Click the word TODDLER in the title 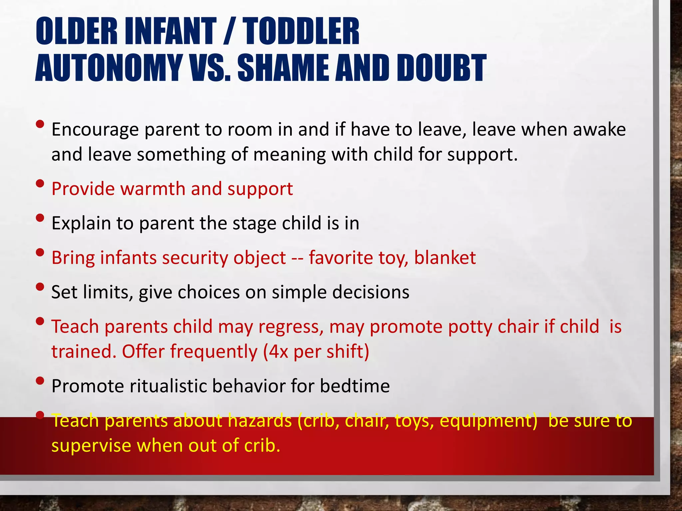click(301, 32)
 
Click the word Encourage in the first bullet click(95, 130)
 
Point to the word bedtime click(355, 386)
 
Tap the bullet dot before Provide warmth click(40, 184)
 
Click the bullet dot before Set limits click(40, 287)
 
